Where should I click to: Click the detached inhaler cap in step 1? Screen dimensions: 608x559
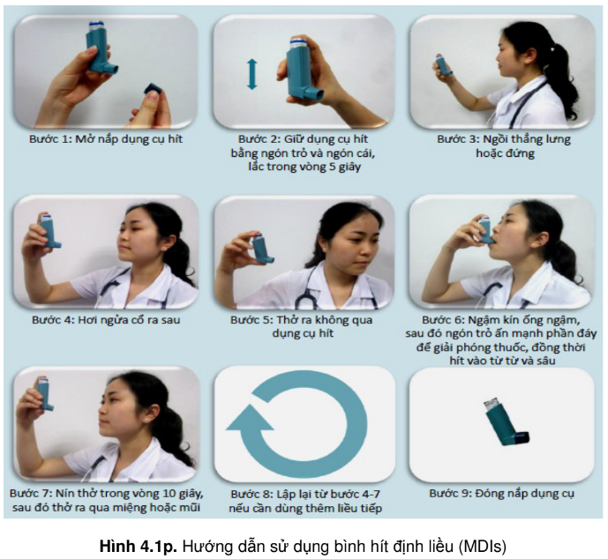coord(154,89)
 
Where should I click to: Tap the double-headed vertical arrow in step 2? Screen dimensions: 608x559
coord(252,74)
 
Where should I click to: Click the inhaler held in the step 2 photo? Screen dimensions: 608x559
coord(304,69)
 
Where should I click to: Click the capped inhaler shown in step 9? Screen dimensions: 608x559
coord(506,421)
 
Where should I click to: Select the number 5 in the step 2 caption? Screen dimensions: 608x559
coord(333,167)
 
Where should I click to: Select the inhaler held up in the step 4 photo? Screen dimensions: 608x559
coord(49,231)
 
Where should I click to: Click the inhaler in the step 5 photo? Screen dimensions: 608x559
coord(262,250)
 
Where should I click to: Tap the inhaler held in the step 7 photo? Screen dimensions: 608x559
coord(45,393)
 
